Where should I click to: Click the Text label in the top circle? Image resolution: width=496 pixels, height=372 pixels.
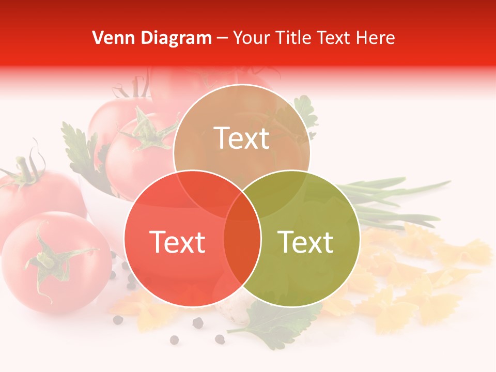coord(242,138)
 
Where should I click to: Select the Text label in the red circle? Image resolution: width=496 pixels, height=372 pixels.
coord(177,241)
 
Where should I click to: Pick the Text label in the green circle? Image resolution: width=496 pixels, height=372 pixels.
coord(305,241)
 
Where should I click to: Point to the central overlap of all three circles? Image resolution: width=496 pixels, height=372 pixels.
coord(242,207)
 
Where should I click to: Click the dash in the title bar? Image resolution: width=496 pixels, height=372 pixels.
coord(222,38)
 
